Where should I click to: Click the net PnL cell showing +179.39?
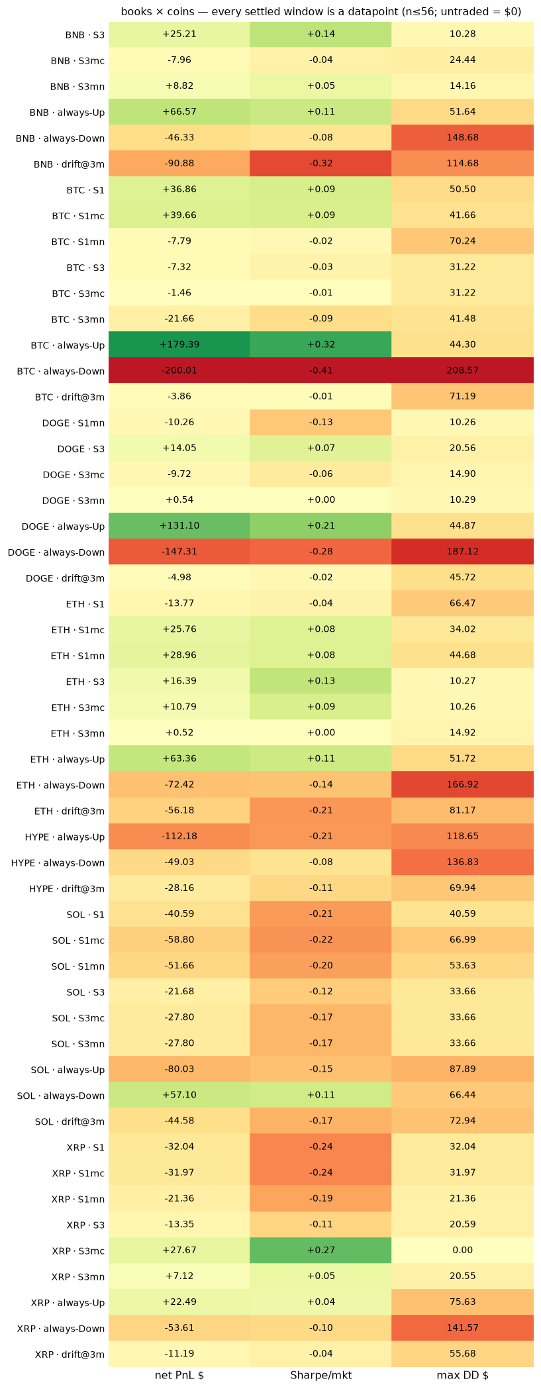pyautogui.click(x=179, y=344)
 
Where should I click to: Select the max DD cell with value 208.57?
pyautogui.click(x=462, y=370)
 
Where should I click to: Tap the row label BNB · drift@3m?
pyautogui.click(x=67, y=164)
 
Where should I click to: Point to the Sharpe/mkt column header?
pyautogui.click(x=320, y=1375)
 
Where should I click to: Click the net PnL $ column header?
pyautogui.click(x=179, y=1375)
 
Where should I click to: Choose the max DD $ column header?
pyautogui.click(x=462, y=1375)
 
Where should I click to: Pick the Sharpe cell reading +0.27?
pyautogui.click(x=320, y=1250)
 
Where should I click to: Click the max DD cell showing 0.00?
pyautogui.click(x=462, y=1250)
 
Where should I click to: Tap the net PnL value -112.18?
pyautogui.click(x=179, y=836)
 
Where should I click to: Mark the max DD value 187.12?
pyautogui.click(x=462, y=552)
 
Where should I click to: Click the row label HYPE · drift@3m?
pyautogui.click(x=67, y=889)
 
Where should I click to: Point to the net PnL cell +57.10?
pyautogui.click(x=179, y=1095)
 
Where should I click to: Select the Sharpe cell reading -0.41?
pyautogui.click(x=320, y=370)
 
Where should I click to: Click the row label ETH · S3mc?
pyautogui.click(x=78, y=707)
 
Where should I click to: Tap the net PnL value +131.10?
pyautogui.click(x=179, y=526)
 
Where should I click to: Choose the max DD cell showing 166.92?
pyautogui.click(x=462, y=784)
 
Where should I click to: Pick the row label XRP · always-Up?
pyautogui.click(x=68, y=1303)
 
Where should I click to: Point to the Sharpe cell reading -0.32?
pyautogui.click(x=320, y=164)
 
